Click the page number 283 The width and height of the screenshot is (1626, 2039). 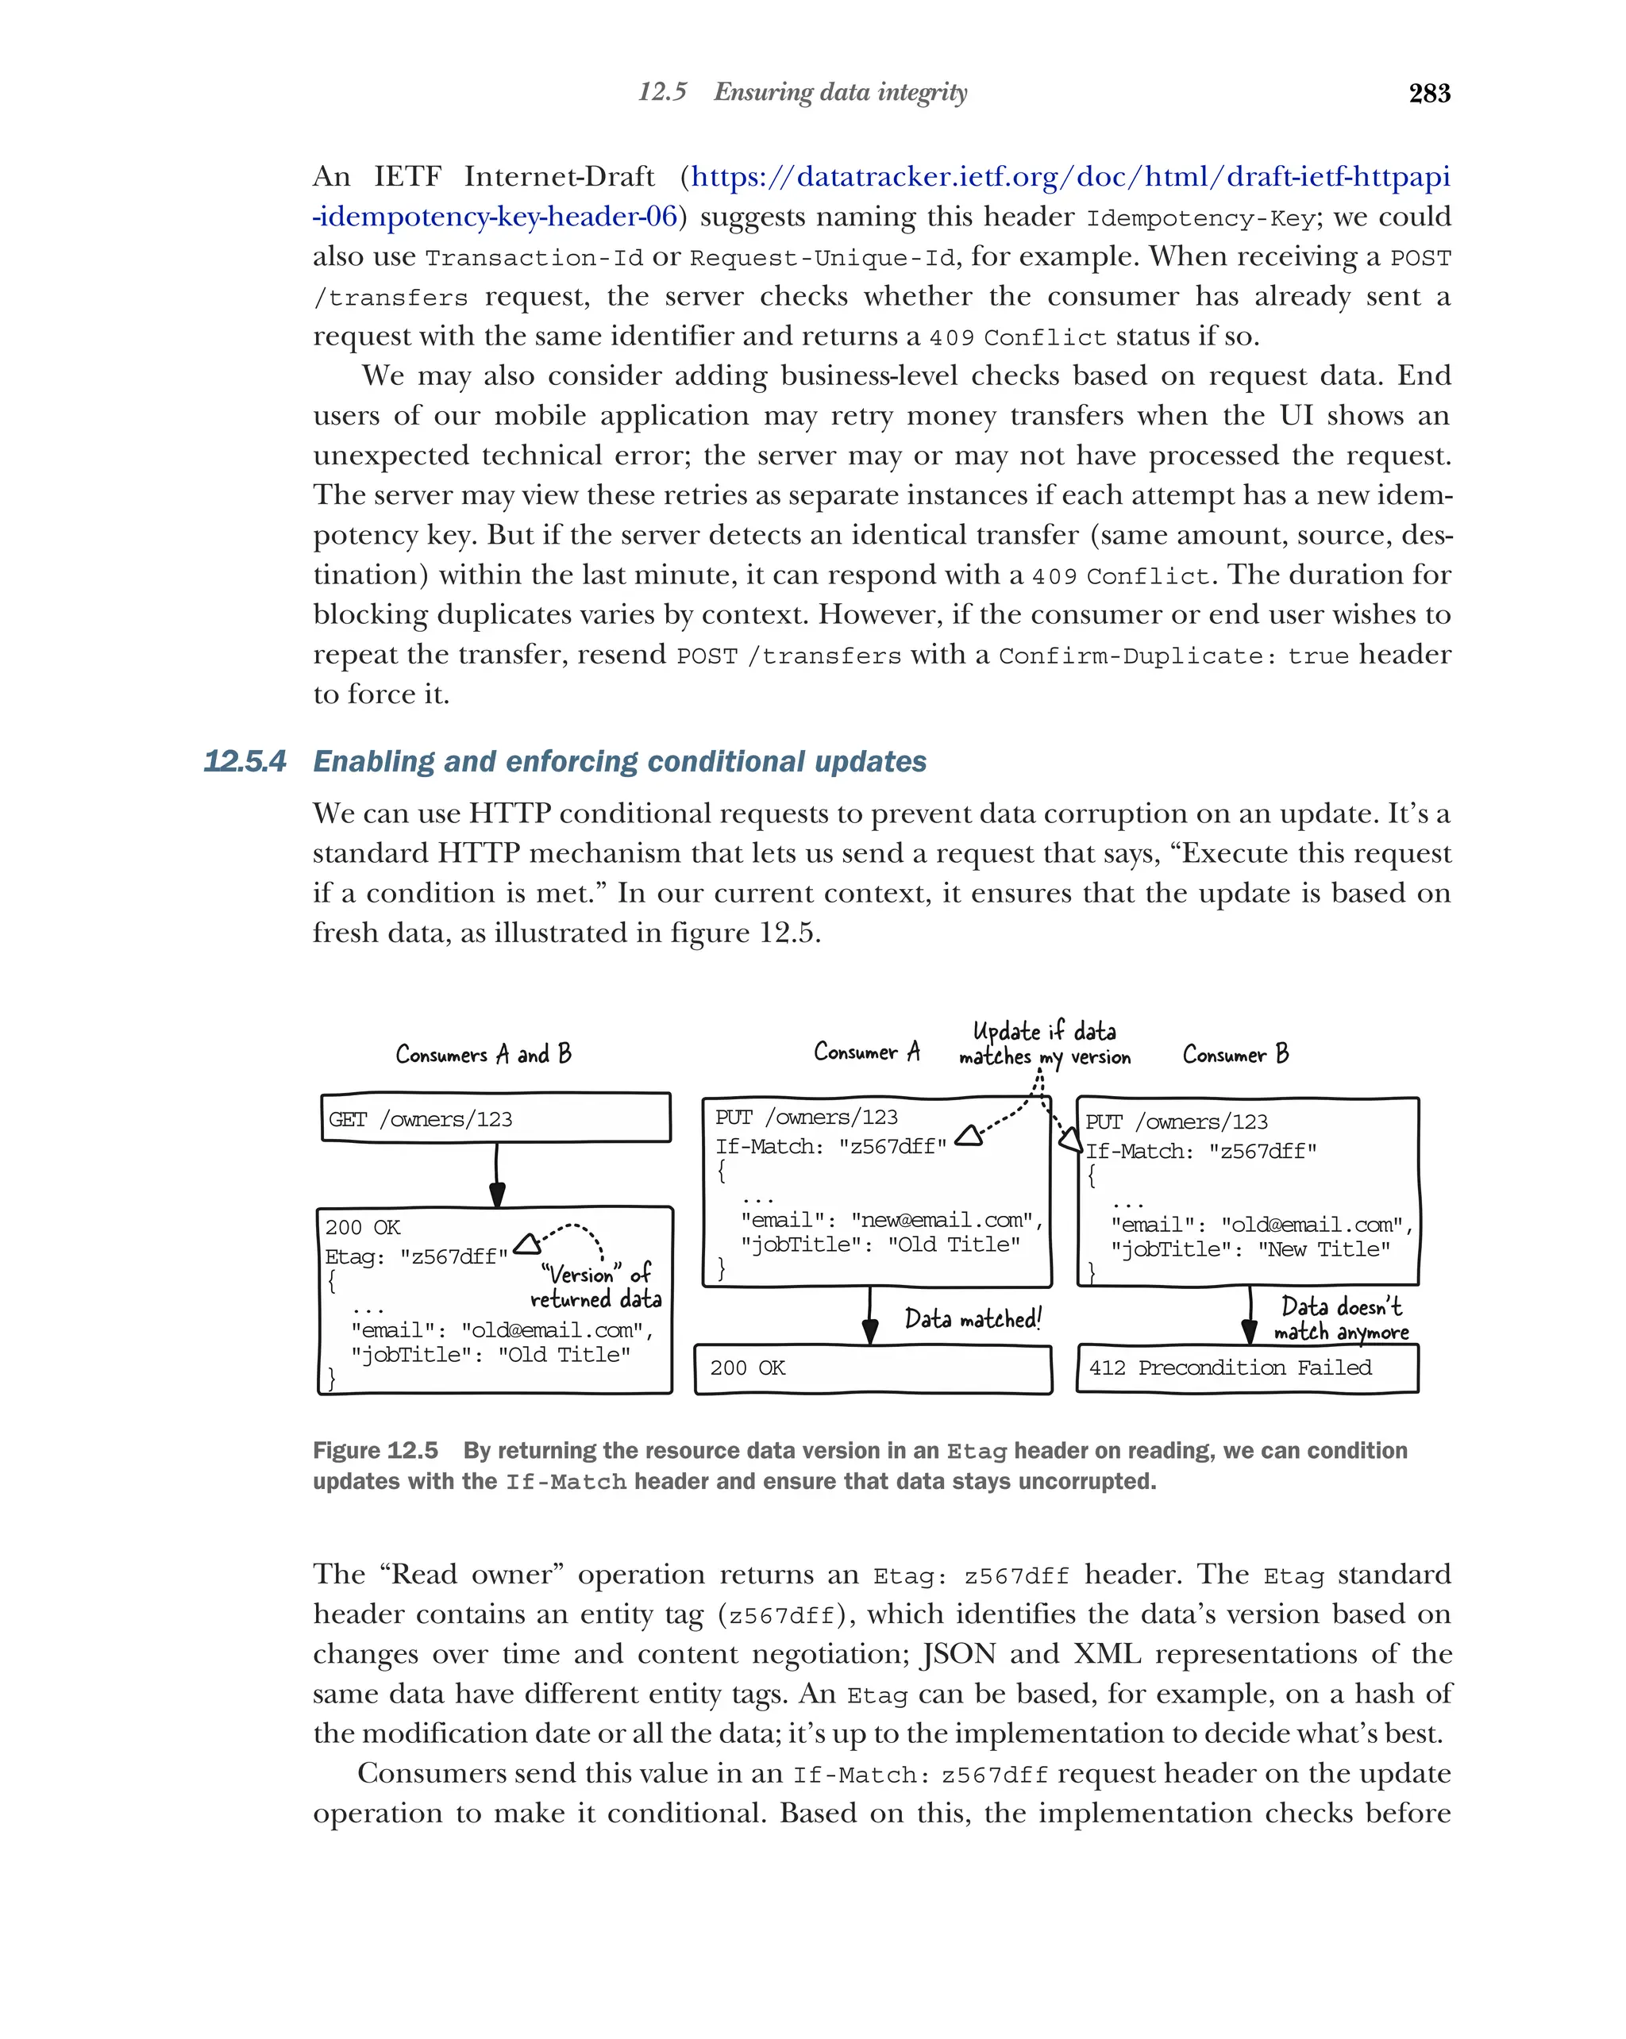(1428, 93)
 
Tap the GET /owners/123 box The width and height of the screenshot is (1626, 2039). (495, 1119)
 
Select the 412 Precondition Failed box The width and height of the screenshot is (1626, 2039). (1246, 1368)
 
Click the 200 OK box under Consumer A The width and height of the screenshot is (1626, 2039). (872, 1368)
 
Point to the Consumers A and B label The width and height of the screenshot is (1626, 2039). (484, 1053)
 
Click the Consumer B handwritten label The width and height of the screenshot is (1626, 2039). (1235, 1053)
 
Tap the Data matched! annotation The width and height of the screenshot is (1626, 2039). (973, 1318)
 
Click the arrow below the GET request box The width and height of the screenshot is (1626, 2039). (496, 1175)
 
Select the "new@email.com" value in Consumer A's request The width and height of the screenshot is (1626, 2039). (941, 1220)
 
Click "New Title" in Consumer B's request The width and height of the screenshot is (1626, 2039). (1324, 1249)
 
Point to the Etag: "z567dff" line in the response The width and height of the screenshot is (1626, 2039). (416, 1257)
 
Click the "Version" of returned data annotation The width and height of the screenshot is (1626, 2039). (596, 1287)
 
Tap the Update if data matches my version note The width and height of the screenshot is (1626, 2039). (1044, 1044)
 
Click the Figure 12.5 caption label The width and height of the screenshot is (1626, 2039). (376, 1451)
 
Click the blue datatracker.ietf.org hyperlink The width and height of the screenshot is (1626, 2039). (1069, 177)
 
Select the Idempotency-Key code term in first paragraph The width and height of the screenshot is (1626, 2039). (1200, 218)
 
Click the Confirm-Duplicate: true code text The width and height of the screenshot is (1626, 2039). (1173, 656)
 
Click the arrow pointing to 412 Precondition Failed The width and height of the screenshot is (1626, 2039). (1250, 1317)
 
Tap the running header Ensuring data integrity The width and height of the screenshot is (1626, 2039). (840, 92)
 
